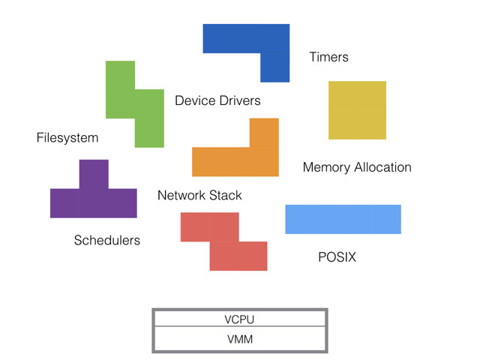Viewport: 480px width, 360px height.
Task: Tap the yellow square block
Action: point(357,110)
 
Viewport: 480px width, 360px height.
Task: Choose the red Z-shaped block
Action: point(223,241)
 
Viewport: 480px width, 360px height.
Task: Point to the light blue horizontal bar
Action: point(343,219)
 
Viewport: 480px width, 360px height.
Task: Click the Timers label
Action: point(328,57)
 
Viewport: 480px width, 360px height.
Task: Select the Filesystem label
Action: point(67,138)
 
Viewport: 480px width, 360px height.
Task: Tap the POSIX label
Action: point(337,257)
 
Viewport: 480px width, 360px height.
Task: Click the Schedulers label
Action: point(107,240)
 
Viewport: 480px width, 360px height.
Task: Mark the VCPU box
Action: point(240,319)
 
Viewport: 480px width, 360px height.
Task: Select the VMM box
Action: point(240,339)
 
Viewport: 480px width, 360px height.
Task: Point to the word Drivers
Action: point(240,100)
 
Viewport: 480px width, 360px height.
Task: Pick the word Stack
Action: point(226,195)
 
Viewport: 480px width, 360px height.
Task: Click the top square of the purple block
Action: point(94,174)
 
